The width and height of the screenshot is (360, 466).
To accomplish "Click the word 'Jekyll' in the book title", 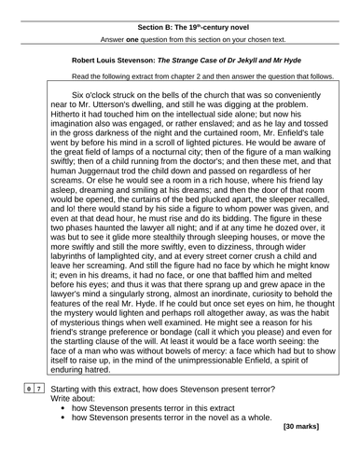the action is (x=249, y=62).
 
